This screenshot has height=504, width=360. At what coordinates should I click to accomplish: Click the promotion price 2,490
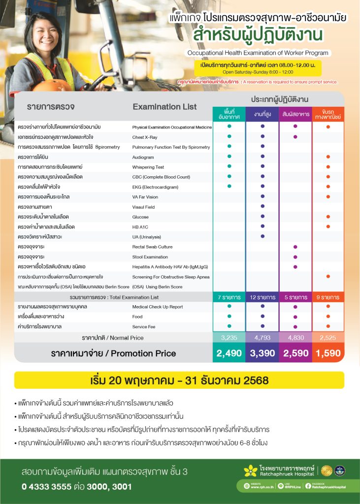pyautogui.click(x=229, y=353)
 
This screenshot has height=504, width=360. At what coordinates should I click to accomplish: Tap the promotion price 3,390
pyautogui.click(x=262, y=353)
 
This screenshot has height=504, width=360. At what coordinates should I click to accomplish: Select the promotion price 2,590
pyautogui.click(x=295, y=353)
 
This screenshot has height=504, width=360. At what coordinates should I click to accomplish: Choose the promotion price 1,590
pyautogui.click(x=328, y=353)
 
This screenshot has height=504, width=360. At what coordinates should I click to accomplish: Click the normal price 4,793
pyautogui.click(x=262, y=338)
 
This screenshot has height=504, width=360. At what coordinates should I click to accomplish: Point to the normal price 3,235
pyautogui.click(x=229, y=338)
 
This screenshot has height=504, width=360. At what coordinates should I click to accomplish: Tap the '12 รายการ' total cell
pyautogui.click(x=262, y=297)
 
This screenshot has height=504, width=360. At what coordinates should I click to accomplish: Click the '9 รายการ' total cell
pyautogui.click(x=328, y=297)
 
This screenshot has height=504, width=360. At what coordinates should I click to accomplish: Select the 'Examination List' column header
pyautogui.click(x=164, y=107)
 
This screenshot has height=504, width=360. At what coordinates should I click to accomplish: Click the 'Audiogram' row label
pyautogui.click(x=143, y=157)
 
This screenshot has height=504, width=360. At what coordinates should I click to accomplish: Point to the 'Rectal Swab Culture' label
pyautogui.click(x=152, y=247)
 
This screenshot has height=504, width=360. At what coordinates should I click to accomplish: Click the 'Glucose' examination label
pyautogui.click(x=140, y=217)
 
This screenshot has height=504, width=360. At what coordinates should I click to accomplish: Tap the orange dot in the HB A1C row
pyautogui.click(x=328, y=226)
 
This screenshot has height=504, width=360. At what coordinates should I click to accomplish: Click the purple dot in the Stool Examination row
pyautogui.click(x=295, y=256)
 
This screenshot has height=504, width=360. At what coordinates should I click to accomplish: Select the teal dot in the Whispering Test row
pyautogui.click(x=229, y=167)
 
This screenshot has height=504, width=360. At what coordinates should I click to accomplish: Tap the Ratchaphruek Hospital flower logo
pyautogui.click(x=251, y=471)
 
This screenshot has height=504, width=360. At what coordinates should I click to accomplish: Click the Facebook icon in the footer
pyautogui.click(x=308, y=486)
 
